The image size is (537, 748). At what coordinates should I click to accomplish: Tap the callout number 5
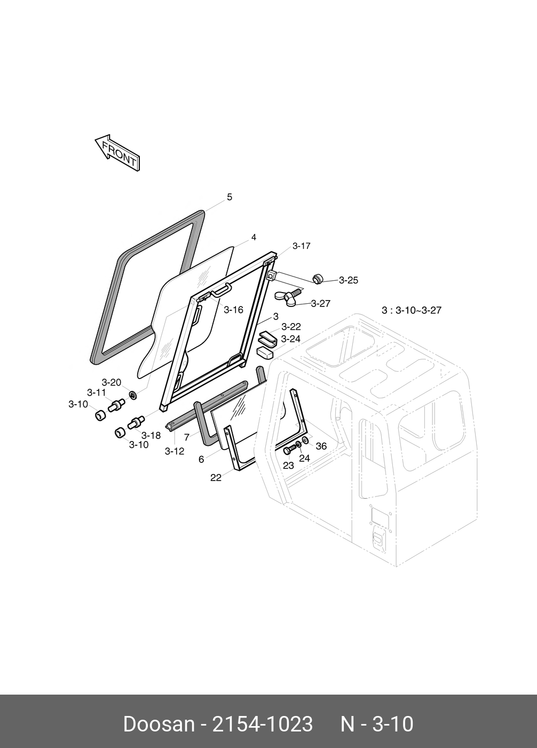coord(230,197)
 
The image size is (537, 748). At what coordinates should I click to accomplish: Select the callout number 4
coord(254,237)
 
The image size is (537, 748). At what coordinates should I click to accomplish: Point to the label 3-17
coord(301,246)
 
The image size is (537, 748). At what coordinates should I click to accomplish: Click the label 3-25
coord(348,280)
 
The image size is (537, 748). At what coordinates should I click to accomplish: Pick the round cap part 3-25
coord(319,278)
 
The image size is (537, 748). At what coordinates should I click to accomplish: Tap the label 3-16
coord(233,310)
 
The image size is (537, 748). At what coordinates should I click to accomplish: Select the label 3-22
coord(291,327)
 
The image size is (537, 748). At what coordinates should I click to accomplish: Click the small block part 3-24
coord(265,352)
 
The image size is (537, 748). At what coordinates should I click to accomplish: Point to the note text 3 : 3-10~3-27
coord(411,310)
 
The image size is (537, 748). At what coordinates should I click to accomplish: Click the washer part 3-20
coord(133,395)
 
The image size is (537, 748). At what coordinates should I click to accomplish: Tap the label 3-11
coord(97,393)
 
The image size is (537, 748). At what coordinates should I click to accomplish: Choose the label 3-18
coord(151,435)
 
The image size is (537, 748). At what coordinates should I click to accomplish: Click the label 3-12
coord(174,451)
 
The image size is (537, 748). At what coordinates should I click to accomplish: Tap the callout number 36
coord(321,446)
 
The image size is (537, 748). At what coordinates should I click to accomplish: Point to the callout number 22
coord(216,478)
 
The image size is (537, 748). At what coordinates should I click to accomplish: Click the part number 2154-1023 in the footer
coord(263,725)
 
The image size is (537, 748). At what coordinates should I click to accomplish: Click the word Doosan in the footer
coord(159,725)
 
